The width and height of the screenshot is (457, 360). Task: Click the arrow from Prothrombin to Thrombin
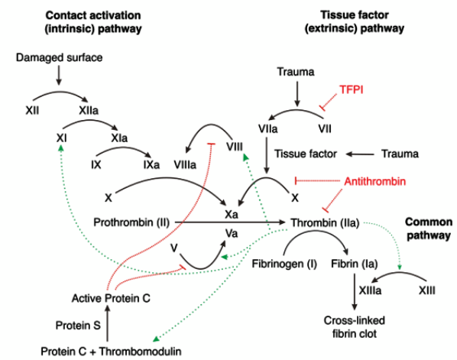click(x=229, y=222)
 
